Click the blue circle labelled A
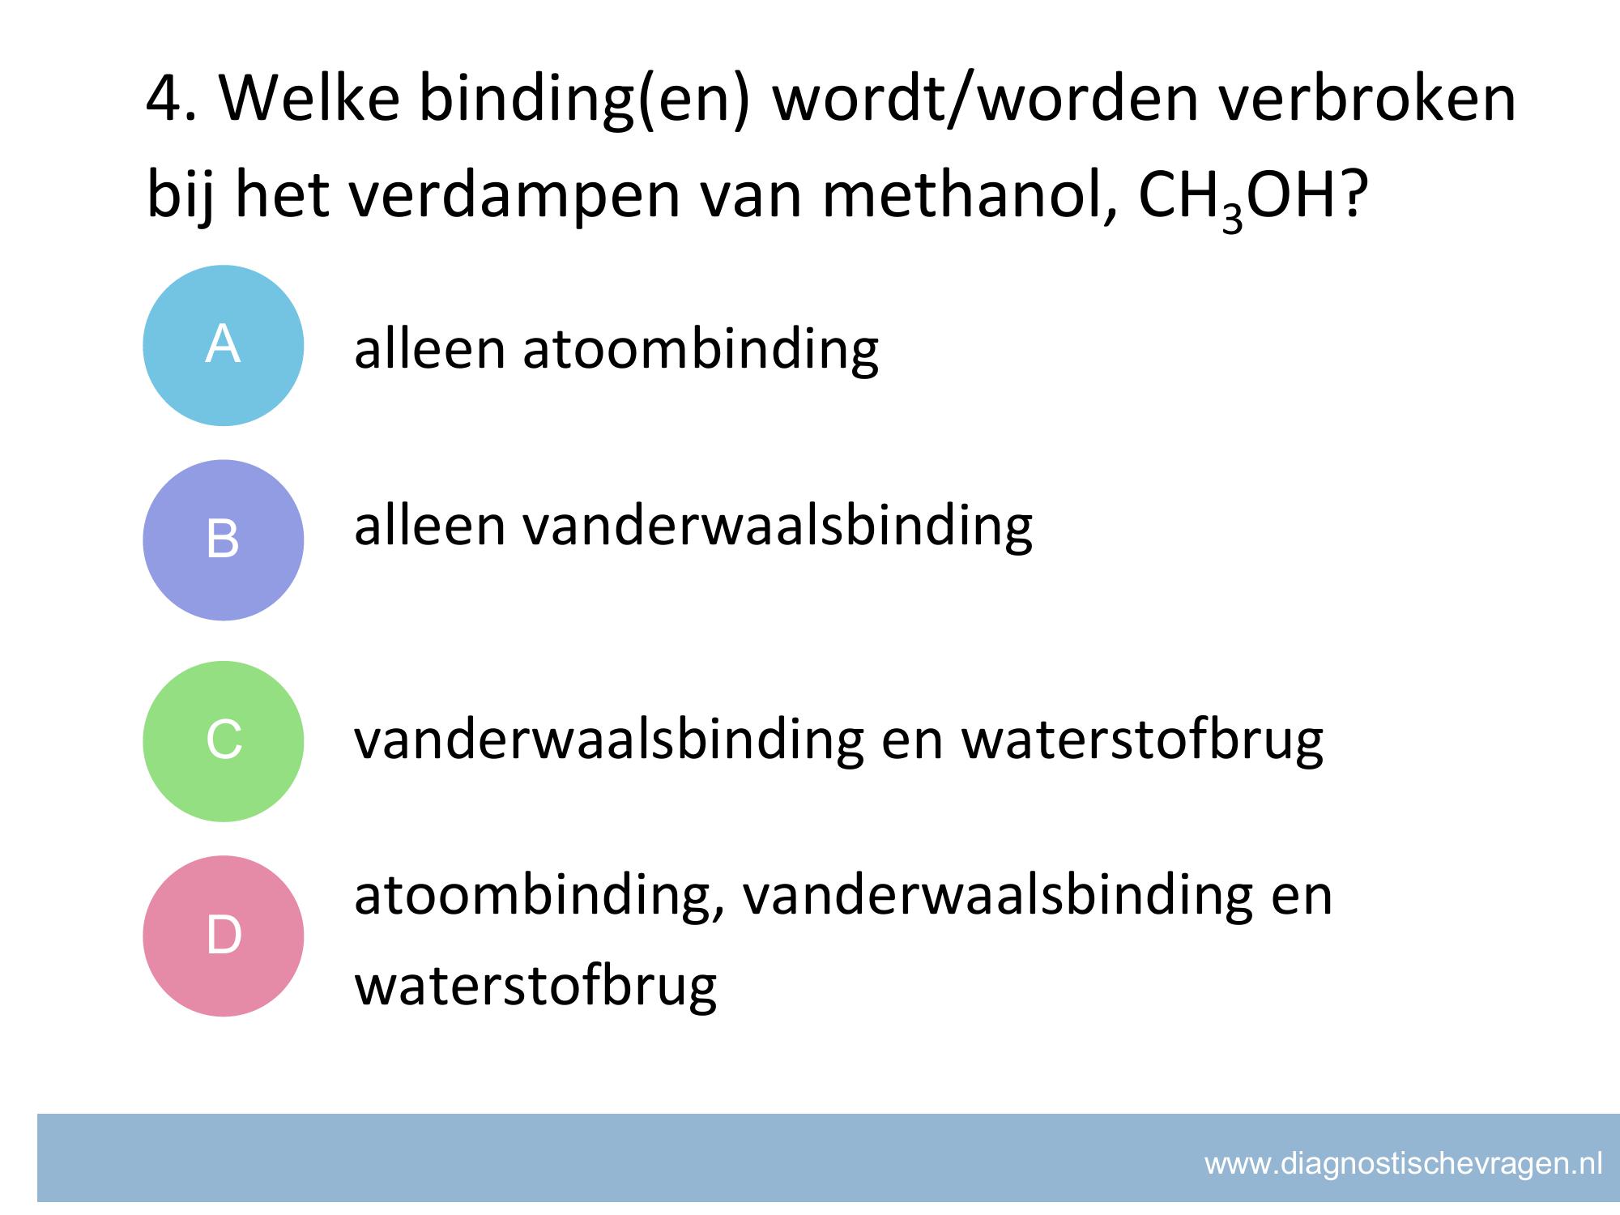(x=224, y=346)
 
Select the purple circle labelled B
(x=224, y=540)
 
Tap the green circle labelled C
(x=224, y=741)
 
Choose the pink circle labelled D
(x=224, y=936)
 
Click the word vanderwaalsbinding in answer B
(x=778, y=526)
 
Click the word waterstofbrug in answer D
(x=536, y=986)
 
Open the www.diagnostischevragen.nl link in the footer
(x=1403, y=1164)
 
